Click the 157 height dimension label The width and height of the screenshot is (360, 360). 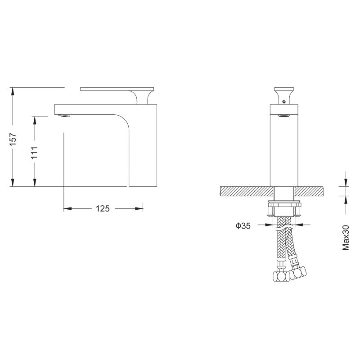(x=13, y=139)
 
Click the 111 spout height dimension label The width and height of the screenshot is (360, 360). (x=35, y=153)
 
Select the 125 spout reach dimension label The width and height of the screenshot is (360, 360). (x=103, y=208)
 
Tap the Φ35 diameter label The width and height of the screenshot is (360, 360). (x=243, y=226)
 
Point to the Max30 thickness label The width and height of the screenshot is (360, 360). (x=346, y=238)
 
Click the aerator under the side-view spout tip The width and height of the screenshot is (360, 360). (x=64, y=116)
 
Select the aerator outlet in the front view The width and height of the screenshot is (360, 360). (x=284, y=116)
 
